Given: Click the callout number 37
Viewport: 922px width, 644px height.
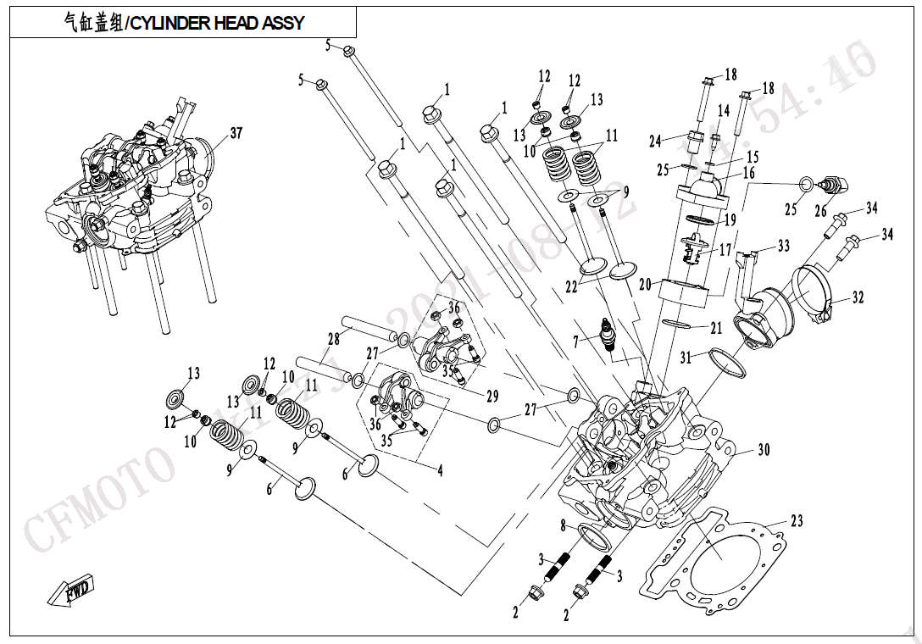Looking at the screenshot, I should pyautogui.click(x=236, y=133).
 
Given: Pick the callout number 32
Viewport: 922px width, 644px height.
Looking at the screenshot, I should pyautogui.click(x=858, y=297).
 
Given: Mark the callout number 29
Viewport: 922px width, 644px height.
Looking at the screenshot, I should pyautogui.click(x=492, y=396).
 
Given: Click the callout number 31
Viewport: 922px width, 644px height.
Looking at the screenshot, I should pyautogui.click(x=686, y=358).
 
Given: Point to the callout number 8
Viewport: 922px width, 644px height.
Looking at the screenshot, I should pyautogui.click(x=562, y=526).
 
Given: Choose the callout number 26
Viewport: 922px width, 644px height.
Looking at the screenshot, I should pyautogui.click(x=820, y=212).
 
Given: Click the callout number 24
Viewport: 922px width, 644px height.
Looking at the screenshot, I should pyautogui.click(x=655, y=141).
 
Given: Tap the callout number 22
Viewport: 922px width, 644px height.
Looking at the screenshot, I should pyautogui.click(x=572, y=287).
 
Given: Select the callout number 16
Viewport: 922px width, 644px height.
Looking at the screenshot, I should pyautogui.click(x=748, y=173).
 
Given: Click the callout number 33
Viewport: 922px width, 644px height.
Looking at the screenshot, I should pyautogui.click(x=783, y=246).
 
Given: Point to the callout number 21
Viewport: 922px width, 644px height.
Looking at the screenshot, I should pyautogui.click(x=716, y=328).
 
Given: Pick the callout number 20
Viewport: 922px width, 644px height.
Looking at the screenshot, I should pyautogui.click(x=645, y=285).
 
